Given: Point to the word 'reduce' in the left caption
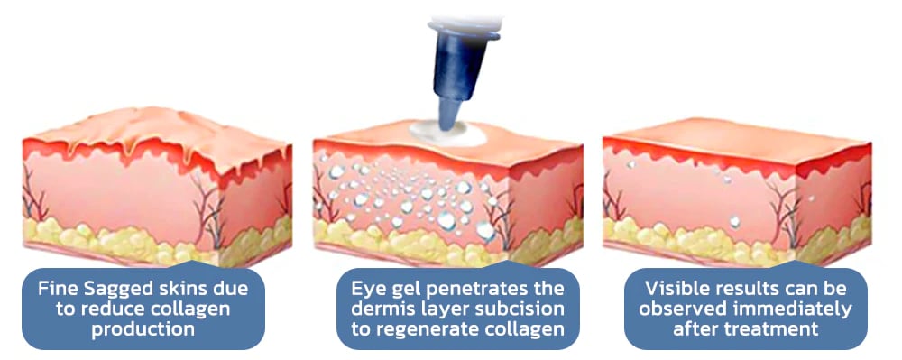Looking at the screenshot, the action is (108, 309).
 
